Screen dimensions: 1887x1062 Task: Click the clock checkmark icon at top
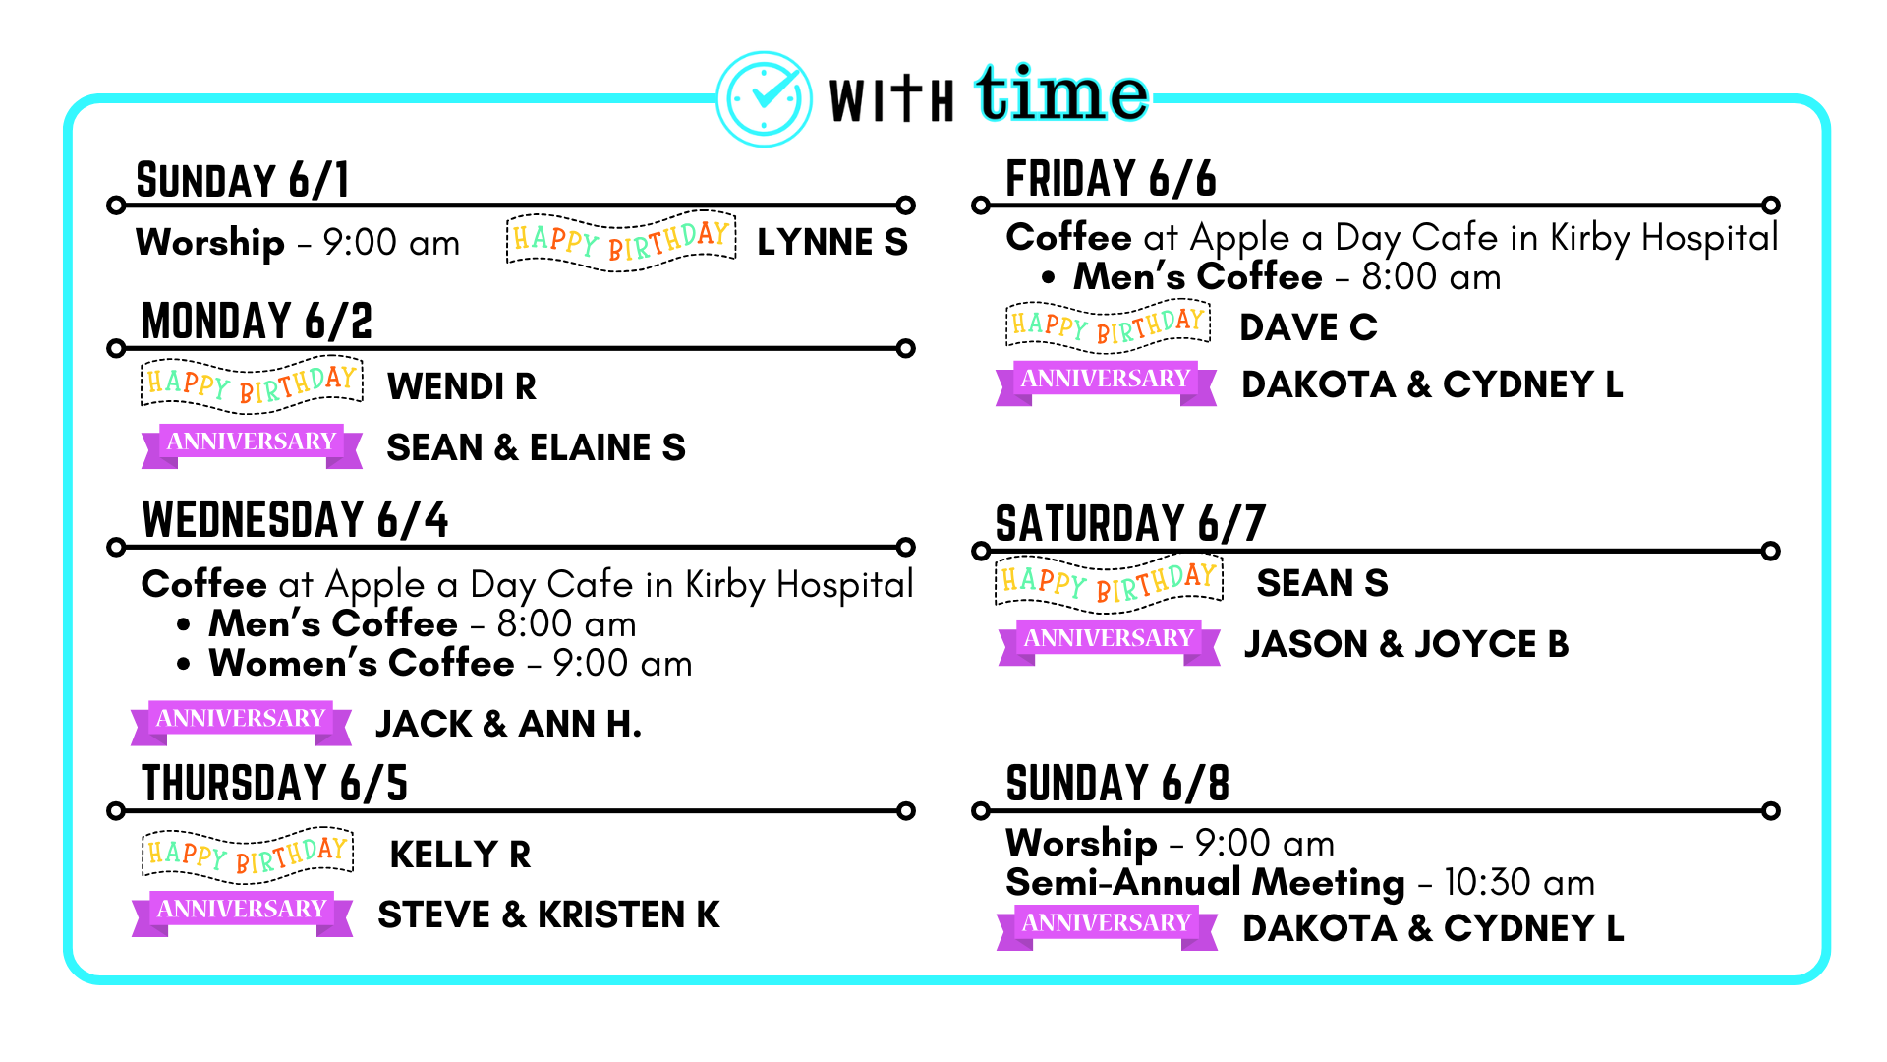pyautogui.click(x=765, y=98)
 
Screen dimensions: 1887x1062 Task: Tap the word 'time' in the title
pyautogui.click(x=1061, y=93)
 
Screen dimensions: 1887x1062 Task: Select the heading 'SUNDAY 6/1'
pyautogui.click(x=243, y=180)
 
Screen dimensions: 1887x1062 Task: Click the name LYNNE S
pyautogui.click(x=832, y=242)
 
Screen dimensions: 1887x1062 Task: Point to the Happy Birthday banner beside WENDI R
pyautogui.click(x=253, y=383)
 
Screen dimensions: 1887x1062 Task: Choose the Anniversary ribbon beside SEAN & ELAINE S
pyautogui.click(x=252, y=444)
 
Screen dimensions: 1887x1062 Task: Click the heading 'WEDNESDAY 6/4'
pyautogui.click(x=295, y=519)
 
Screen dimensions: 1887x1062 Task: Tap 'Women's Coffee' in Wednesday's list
pyautogui.click(x=362, y=663)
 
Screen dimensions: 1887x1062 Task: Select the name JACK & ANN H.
pyautogui.click(x=509, y=724)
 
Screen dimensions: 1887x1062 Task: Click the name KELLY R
pyautogui.click(x=460, y=855)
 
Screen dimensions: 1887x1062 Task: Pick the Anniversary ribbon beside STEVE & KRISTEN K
pyautogui.click(x=242, y=913)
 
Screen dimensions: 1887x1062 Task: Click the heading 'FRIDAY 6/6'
pyautogui.click(x=1111, y=179)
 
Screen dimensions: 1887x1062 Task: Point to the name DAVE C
pyautogui.click(x=1308, y=327)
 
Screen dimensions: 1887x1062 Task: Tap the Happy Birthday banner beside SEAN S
pyautogui.click(x=1110, y=581)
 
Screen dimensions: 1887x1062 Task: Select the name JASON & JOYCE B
pyautogui.click(x=1406, y=644)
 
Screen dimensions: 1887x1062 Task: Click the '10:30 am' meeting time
pyautogui.click(x=1519, y=882)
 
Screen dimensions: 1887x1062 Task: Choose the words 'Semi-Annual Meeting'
pyautogui.click(x=1205, y=882)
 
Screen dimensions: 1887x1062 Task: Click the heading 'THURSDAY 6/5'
pyautogui.click(x=274, y=784)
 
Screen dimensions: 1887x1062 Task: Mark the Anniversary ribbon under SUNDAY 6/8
pyautogui.click(x=1107, y=926)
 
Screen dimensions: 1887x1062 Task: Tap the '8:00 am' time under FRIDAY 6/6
pyautogui.click(x=1431, y=277)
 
